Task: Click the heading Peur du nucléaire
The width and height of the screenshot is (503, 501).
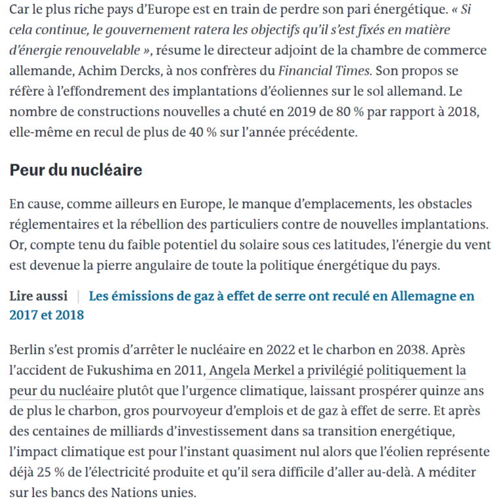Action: [x=76, y=171]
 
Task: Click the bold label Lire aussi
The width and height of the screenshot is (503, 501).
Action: [x=39, y=296]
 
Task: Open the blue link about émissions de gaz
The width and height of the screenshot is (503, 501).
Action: [x=282, y=296]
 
